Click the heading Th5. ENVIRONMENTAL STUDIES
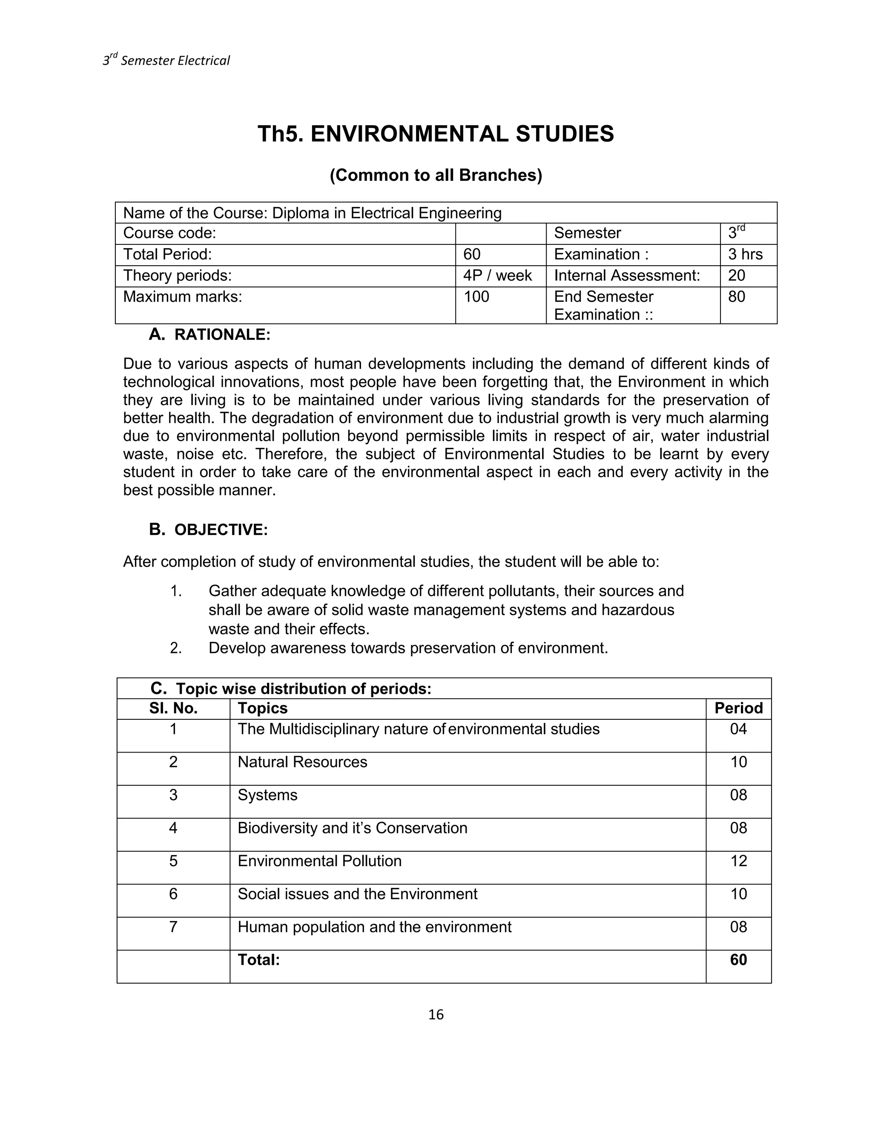[x=436, y=134]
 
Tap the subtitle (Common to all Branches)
[x=436, y=176]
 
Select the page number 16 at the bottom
[x=436, y=1014]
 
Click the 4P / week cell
[x=497, y=276]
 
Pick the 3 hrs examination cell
[x=745, y=255]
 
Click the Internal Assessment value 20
[x=737, y=276]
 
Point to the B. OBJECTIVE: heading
[x=208, y=530]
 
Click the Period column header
[x=738, y=708]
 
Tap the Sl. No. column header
[x=174, y=708]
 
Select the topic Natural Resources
[x=302, y=762]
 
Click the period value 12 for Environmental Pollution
[x=738, y=861]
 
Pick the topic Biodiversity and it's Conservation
[x=352, y=828]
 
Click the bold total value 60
[x=738, y=959]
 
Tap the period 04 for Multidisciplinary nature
[x=738, y=729]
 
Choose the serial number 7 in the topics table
[x=174, y=927]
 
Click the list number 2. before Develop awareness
[x=176, y=648]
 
